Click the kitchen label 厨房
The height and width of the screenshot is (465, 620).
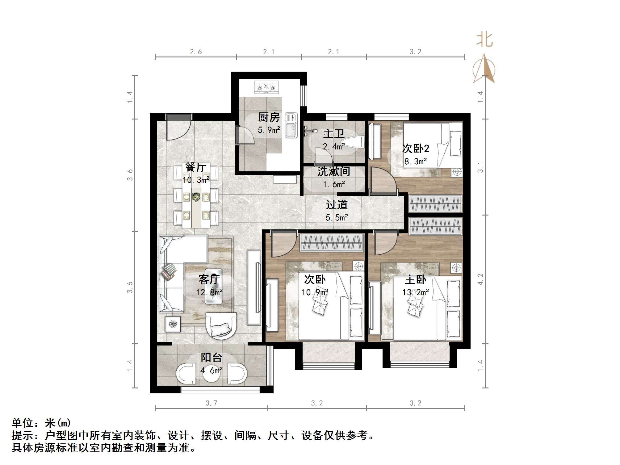[x=269, y=117]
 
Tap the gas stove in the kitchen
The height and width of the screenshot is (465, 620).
[x=266, y=87]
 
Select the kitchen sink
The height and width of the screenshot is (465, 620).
[x=291, y=125]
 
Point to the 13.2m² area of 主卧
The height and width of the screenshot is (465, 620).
[x=416, y=292]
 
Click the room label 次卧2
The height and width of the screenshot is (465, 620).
[x=416, y=149]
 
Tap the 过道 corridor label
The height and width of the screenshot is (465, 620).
[x=337, y=205]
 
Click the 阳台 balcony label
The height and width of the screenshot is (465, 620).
[x=212, y=358]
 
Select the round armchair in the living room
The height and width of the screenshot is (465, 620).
[x=221, y=326]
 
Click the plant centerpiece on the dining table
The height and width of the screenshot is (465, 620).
[x=196, y=196]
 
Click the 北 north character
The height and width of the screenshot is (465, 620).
[x=484, y=40]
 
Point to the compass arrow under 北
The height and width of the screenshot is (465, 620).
[x=484, y=69]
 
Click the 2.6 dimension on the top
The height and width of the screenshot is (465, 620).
[x=196, y=52]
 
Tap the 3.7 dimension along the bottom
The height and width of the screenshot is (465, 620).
[x=212, y=403]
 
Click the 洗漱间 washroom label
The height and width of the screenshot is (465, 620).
[x=334, y=171]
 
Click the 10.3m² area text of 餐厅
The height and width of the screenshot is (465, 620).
[x=196, y=180]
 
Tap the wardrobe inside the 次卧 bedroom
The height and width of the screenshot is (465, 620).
[x=332, y=242]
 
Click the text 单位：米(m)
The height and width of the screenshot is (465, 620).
[x=41, y=423]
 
